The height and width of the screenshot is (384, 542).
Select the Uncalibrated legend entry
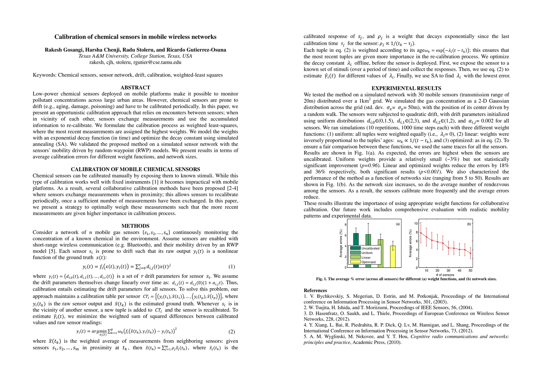point(370,248)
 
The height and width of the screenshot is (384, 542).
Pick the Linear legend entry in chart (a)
point(366,257)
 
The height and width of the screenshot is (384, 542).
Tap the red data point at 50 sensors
point(470,253)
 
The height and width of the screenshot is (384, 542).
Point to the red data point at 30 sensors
point(448,248)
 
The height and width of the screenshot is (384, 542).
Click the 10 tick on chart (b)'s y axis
point(416,223)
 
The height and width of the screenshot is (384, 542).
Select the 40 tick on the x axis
point(460,270)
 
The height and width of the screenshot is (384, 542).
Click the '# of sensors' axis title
point(445,275)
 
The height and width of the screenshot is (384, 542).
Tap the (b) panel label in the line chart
point(469,224)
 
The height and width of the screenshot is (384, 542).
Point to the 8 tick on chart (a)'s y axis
point(345,225)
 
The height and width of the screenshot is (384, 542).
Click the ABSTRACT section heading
point(135,87)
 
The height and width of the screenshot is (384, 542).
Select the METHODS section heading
point(135,226)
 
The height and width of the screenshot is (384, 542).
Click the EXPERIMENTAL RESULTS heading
point(406,88)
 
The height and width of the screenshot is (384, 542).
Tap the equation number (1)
point(232,267)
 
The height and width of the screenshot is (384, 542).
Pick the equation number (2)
point(232,332)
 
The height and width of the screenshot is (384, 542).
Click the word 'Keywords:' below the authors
point(45,75)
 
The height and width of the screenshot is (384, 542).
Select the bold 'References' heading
point(315,291)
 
